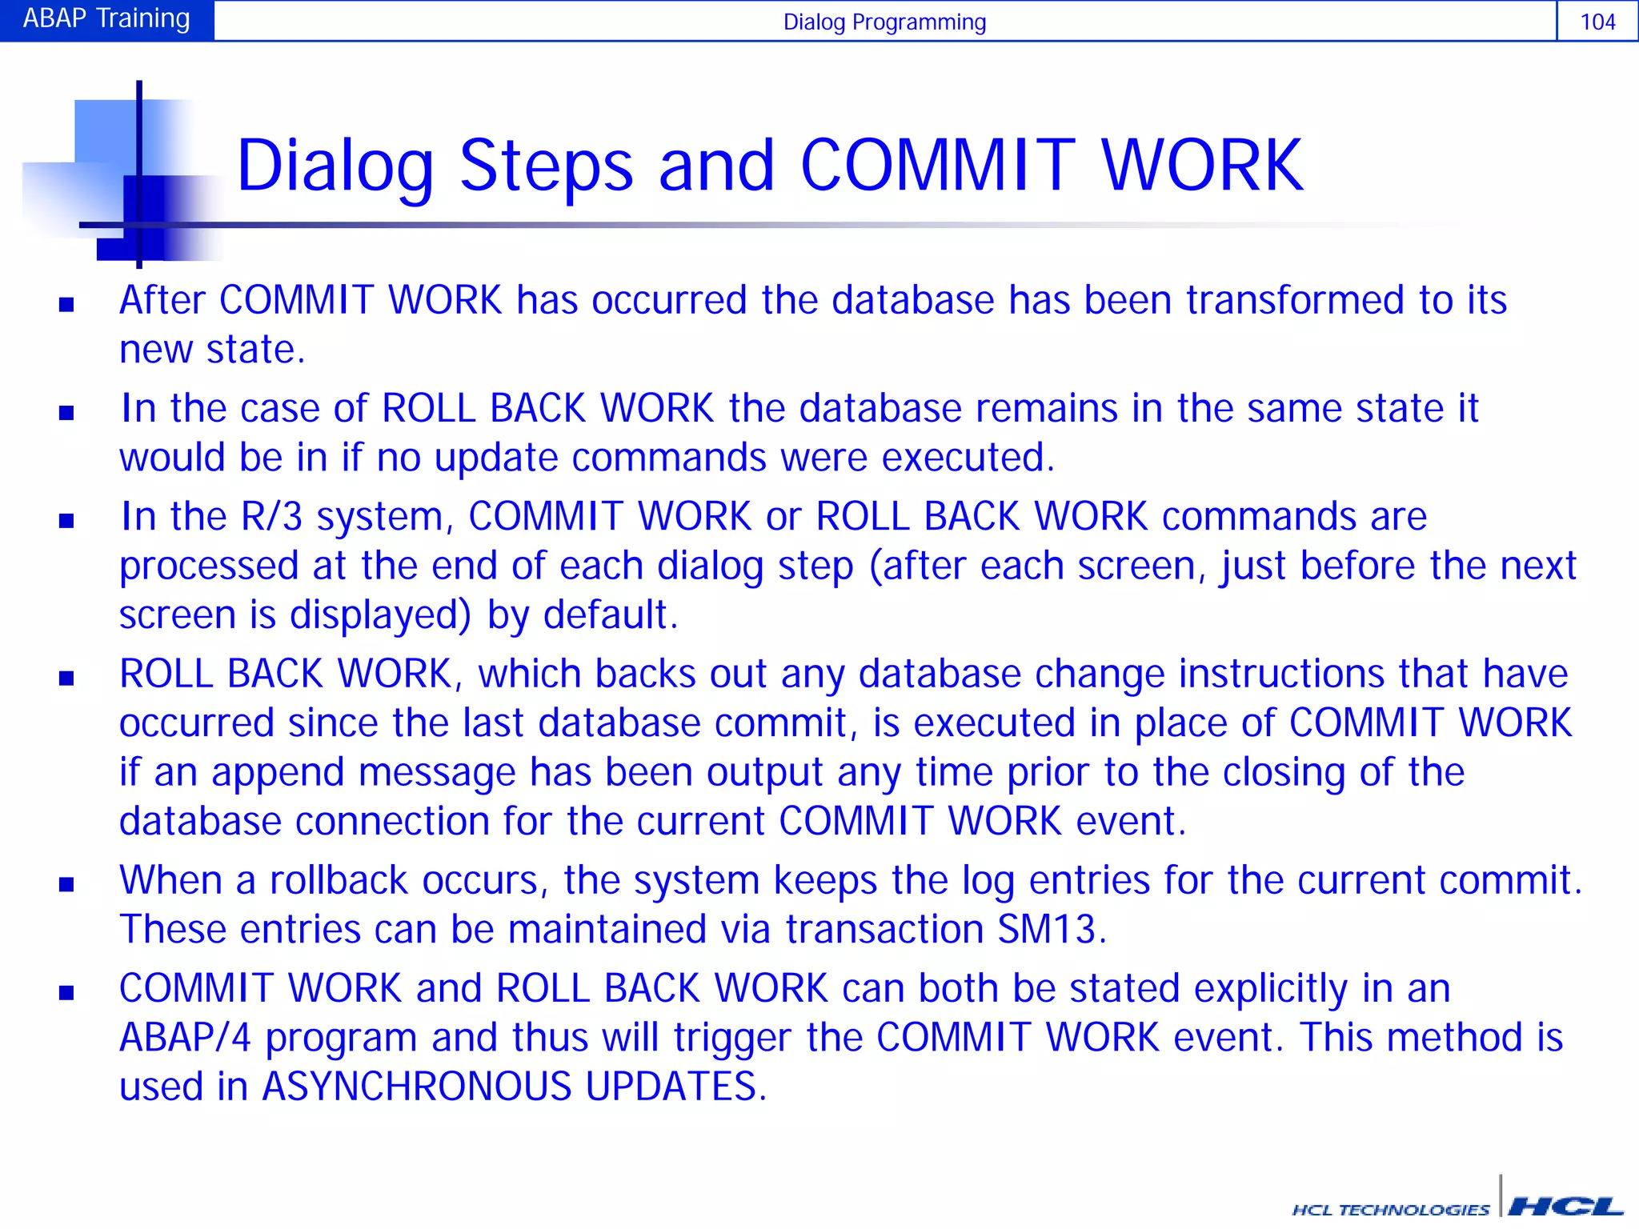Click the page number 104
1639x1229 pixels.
[1597, 22]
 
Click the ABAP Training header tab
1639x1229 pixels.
[106, 19]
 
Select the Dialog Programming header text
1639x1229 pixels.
[884, 22]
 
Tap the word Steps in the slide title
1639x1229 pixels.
[546, 166]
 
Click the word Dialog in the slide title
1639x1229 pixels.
[335, 166]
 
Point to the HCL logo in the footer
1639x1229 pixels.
[1565, 1207]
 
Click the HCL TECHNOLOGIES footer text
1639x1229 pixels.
[1391, 1209]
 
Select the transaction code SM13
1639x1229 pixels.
[1051, 930]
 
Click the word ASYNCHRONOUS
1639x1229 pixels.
[416, 1087]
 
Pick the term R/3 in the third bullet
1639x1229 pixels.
[271, 516]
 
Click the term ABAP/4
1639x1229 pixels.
[185, 1038]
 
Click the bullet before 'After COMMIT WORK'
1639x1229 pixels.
[66, 304]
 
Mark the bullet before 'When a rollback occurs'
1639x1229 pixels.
[66, 884]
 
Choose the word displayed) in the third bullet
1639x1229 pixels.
[380, 615]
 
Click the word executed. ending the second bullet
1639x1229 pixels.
[968, 458]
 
